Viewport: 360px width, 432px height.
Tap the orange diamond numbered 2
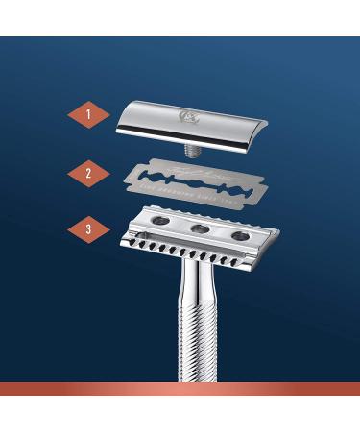(88, 173)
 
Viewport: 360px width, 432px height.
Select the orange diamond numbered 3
(88, 230)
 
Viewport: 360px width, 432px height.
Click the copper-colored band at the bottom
(180, 388)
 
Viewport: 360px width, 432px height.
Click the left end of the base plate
(128, 234)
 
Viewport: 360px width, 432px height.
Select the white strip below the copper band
(180, 413)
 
